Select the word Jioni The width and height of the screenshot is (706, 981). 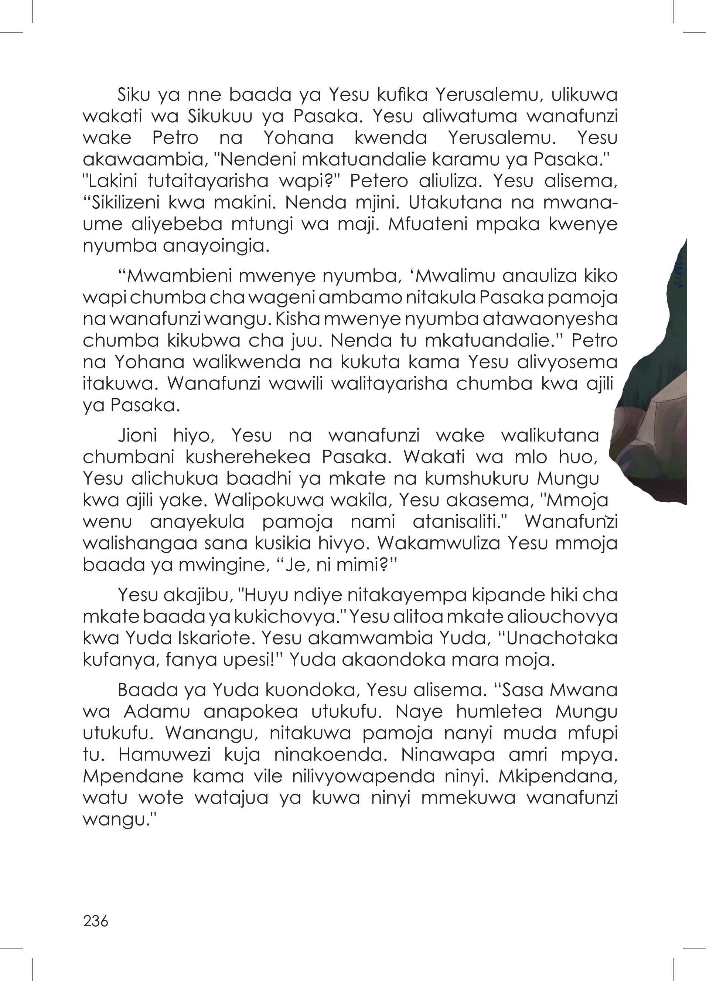(x=137, y=435)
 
